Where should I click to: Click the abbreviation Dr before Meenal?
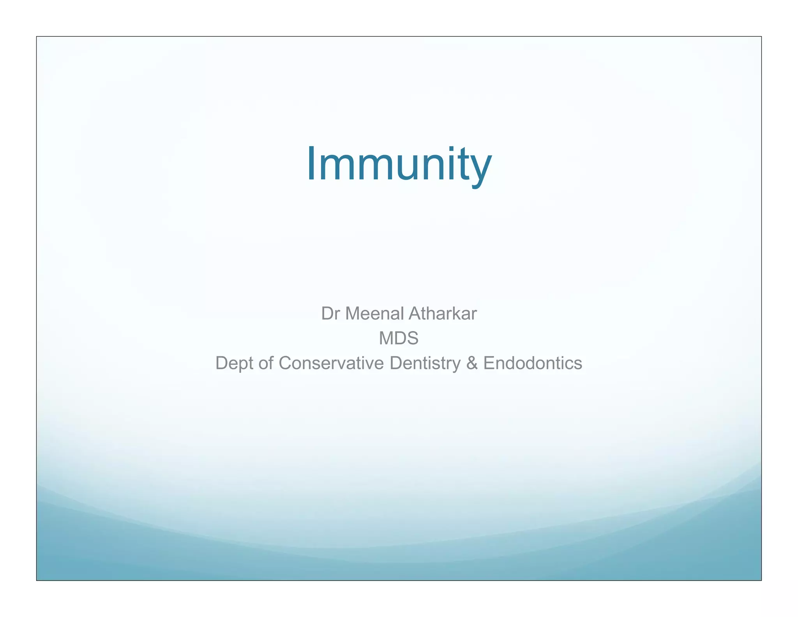coord(330,314)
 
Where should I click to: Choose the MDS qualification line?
coord(399,338)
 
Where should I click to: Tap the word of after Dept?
coord(266,363)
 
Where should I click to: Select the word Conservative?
coord(331,363)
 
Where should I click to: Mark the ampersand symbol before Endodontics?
coord(472,363)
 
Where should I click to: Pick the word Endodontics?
coord(533,363)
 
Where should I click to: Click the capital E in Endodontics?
coord(489,363)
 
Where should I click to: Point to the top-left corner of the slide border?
coord(37,37)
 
